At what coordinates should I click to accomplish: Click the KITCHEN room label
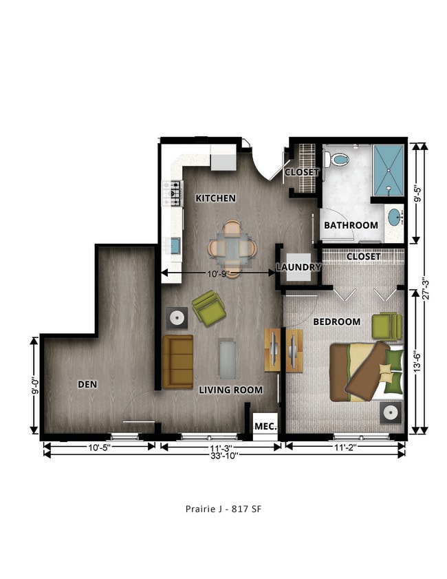[x=215, y=198]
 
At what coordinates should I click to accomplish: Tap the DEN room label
[x=87, y=384]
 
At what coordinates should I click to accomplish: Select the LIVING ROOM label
[x=230, y=390]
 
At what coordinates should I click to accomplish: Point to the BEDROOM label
[x=336, y=322]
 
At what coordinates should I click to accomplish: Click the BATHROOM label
[x=351, y=225]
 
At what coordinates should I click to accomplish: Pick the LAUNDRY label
[x=298, y=267]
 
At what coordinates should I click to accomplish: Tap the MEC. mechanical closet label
[x=265, y=427]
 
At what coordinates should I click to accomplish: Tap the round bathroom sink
[x=395, y=218]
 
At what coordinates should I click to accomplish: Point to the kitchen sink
[x=174, y=244]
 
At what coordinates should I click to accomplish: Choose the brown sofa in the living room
[x=178, y=361]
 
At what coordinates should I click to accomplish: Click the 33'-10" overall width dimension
[x=224, y=455]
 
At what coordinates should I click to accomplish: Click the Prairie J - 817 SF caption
[x=223, y=509]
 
